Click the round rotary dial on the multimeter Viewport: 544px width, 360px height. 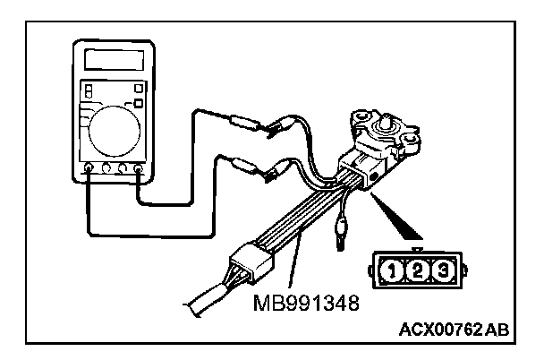(114, 127)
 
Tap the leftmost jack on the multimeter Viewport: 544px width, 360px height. (88, 167)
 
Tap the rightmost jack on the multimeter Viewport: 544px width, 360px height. (140, 167)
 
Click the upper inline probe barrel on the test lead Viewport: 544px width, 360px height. (242, 122)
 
